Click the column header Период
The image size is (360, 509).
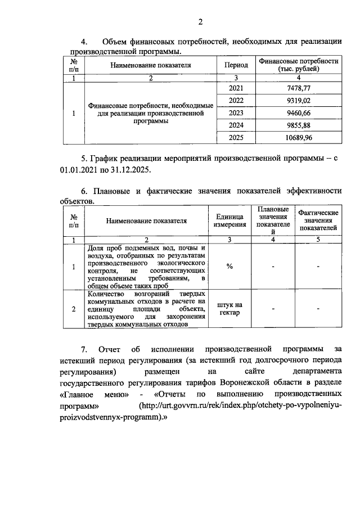coord(236,65)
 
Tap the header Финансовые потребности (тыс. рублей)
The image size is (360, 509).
coord(298,65)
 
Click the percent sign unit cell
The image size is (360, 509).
coord(229,266)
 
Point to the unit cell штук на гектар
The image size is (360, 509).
coord(229,309)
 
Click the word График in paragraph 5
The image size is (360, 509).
coord(110,159)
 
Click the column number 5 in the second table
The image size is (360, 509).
coord(318,240)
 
